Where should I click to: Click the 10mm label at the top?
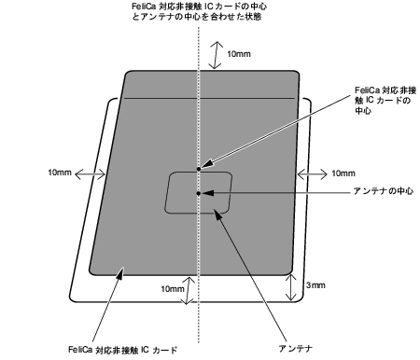point(239,55)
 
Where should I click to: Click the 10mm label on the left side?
point(59,173)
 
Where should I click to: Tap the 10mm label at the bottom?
point(172,289)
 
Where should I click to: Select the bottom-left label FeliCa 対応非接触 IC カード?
point(122,349)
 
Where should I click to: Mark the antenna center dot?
point(199,192)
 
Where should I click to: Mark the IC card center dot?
point(199,169)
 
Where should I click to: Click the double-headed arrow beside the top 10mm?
point(217,54)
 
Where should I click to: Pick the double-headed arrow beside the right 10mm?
point(308,173)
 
